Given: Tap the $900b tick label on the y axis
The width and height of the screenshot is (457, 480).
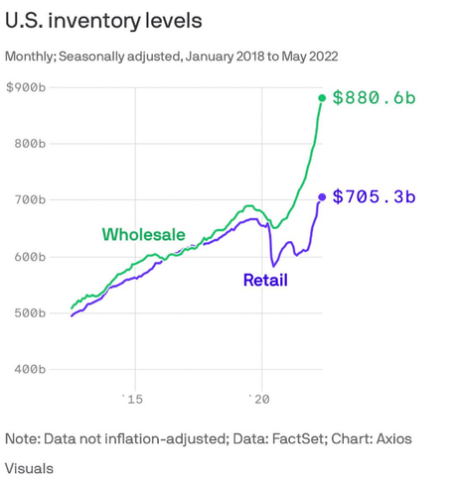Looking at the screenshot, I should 26,88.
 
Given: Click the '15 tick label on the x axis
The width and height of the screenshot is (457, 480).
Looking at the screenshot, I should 132,399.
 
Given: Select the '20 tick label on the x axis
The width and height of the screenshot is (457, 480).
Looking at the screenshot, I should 261,399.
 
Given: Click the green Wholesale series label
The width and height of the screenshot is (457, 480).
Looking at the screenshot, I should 143,234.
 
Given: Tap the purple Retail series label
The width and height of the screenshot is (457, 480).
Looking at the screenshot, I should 265,281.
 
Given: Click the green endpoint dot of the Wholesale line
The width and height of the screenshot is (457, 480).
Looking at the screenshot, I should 322,97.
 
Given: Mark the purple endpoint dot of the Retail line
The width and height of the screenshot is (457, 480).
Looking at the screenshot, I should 322,196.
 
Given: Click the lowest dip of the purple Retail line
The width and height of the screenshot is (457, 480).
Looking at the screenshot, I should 273,266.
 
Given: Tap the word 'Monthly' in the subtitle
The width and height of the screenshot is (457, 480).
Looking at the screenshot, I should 31,58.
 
